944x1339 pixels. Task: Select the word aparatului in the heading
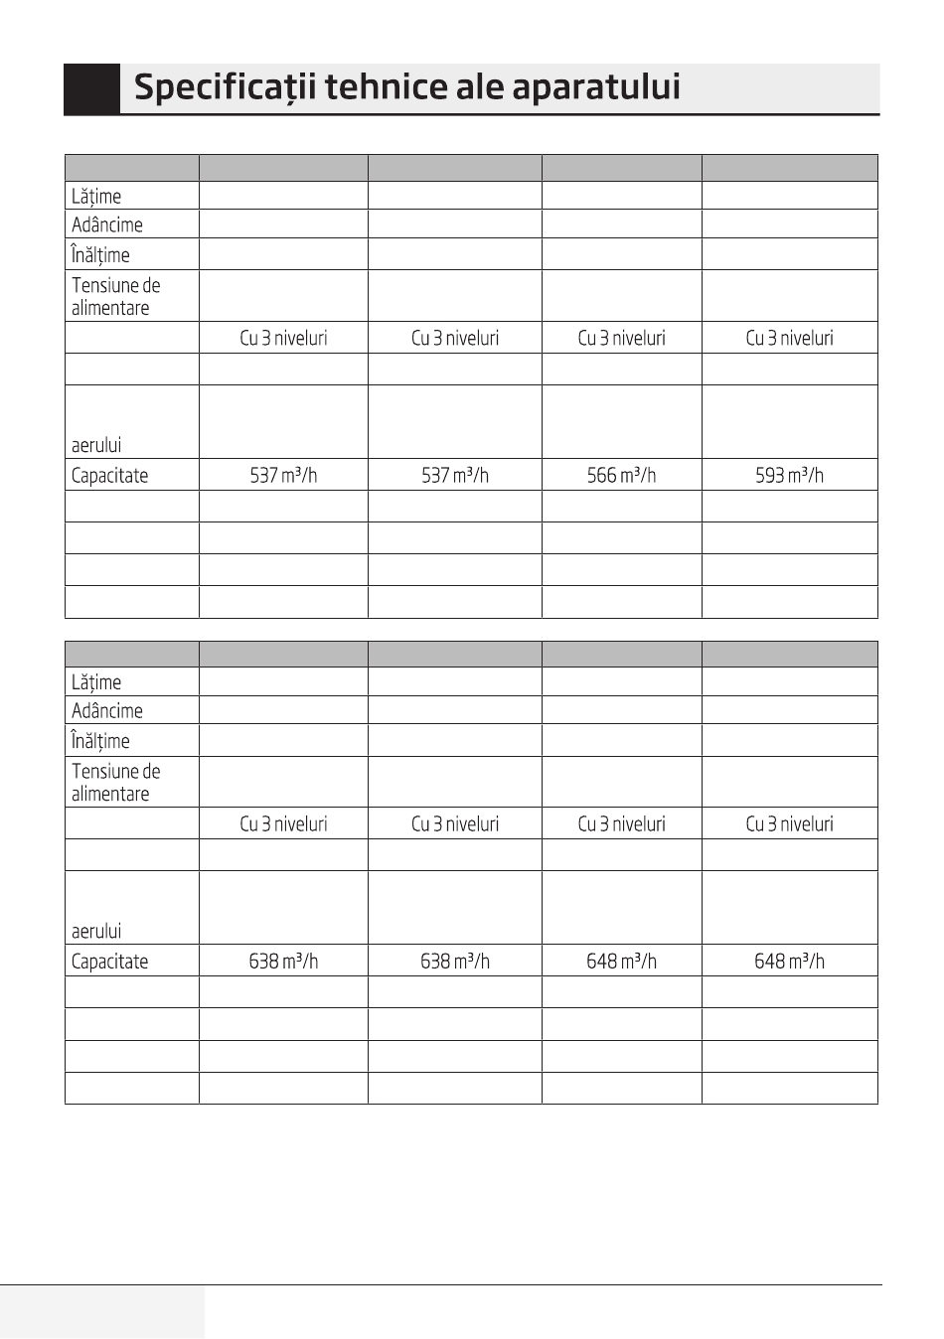tap(596, 87)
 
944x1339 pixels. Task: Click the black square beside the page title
tap(91, 89)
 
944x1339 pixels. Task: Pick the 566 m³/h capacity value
tap(621, 475)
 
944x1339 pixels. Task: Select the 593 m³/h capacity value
tap(789, 475)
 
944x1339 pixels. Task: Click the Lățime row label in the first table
tap(96, 197)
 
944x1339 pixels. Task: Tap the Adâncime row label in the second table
tap(107, 711)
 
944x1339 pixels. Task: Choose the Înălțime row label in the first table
tap(100, 255)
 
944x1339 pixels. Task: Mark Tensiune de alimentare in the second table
tap(115, 783)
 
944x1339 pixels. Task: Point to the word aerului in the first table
tap(96, 445)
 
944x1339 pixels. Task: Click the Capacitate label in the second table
tap(109, 962)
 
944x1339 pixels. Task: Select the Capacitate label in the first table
tap(109, 475)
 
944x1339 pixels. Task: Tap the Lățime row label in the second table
tap(96, 682)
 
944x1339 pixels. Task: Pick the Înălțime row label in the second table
tap(100, 741)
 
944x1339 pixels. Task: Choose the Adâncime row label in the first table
tap(107, 224)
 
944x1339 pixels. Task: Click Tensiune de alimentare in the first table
tap(115, 296)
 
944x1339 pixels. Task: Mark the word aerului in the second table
tap(96, 931)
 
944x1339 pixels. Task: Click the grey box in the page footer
tap(102, 1311)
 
